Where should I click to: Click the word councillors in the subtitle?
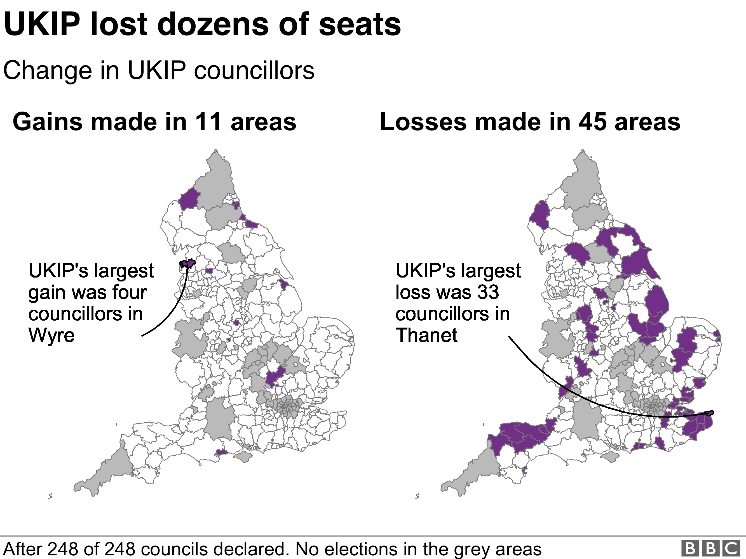tap(254, 71)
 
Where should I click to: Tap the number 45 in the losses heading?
tap(593, 122)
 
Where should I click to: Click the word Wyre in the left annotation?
tap(51, 335)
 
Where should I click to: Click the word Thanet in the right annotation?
tap(426, 335)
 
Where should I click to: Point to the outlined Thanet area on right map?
tap(709, 413)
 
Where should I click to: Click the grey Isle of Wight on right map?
tap(610, 457)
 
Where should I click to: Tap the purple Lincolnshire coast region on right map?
tap(657, 303)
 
